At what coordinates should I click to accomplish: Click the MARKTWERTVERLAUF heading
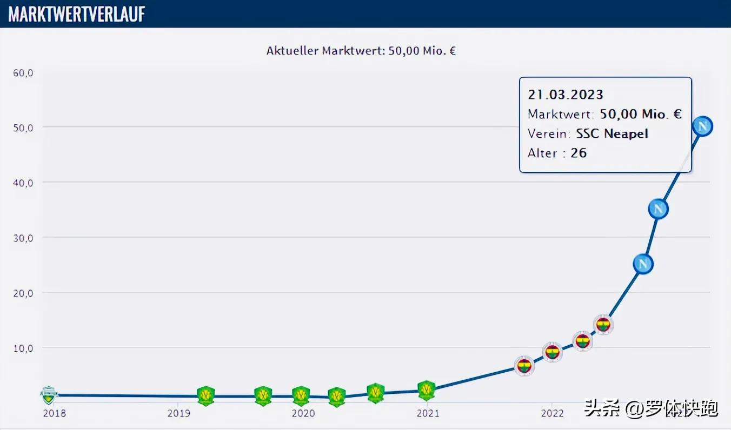click(77, 14)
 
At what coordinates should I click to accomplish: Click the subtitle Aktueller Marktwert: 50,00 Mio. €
click(361, 51)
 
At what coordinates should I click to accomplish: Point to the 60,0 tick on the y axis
click(23, 72)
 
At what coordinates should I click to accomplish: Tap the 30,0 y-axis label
click(23, 238)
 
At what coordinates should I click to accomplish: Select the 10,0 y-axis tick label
click(23, 348)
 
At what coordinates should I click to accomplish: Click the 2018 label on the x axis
click(55, 414)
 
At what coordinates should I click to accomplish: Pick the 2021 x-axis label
click(428, 414)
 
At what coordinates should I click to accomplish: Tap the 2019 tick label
click(178, 414)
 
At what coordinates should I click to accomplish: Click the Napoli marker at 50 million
click(703, 126)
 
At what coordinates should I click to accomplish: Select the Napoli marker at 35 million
click(658, 209)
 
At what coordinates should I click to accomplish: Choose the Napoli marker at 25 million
click(643, 264)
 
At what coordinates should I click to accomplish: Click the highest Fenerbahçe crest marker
click(603, 325)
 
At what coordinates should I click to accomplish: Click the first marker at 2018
click(49, 395)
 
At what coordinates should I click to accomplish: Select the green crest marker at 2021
click(427, 389)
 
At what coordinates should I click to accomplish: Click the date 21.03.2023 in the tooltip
click(565, 95)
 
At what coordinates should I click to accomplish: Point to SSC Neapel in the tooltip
click(612, 133)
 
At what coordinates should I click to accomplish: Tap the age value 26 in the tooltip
click(578, 153)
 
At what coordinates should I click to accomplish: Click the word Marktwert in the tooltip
click(560, 114)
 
